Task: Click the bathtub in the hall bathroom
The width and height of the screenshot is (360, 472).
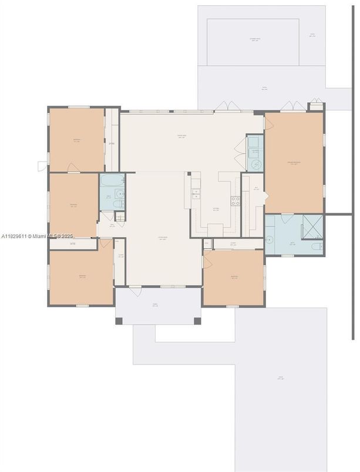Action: (112, 180)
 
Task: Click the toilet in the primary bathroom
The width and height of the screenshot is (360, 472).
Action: (317, 247)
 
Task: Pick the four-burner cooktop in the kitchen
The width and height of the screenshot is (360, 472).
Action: (235, 201)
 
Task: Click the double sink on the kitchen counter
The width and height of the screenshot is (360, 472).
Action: (196, 193)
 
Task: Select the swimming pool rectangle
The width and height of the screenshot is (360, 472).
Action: (253, 42)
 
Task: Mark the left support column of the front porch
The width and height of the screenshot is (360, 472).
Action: (119, 321)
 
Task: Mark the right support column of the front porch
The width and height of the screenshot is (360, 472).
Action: (197, 321)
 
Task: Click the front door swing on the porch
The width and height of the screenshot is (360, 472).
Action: (134, 291)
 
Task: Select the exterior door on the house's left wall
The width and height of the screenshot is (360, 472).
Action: (42, 166)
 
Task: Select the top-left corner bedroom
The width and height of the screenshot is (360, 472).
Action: (76, 140)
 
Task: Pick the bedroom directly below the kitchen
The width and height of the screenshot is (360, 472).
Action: (234, 277)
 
